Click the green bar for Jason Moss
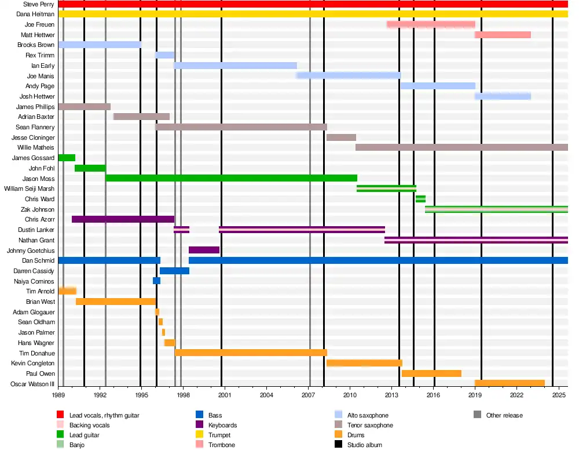click(231, 178)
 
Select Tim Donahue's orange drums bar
click(251, 353)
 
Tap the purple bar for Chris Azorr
click(123, 219)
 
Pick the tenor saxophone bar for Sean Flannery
click(241, 127)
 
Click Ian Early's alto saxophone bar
click(235, 66)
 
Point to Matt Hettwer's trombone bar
click(503, 35)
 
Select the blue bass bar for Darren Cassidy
click(174, 271)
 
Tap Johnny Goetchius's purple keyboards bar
click(204, 250)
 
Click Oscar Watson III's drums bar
click(510, 383)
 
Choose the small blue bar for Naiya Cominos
click(156, 281)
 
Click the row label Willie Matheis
click(36, 148)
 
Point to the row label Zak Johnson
click(39, 209)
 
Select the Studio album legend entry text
click(364, 445)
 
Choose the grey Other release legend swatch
click(477, 415)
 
